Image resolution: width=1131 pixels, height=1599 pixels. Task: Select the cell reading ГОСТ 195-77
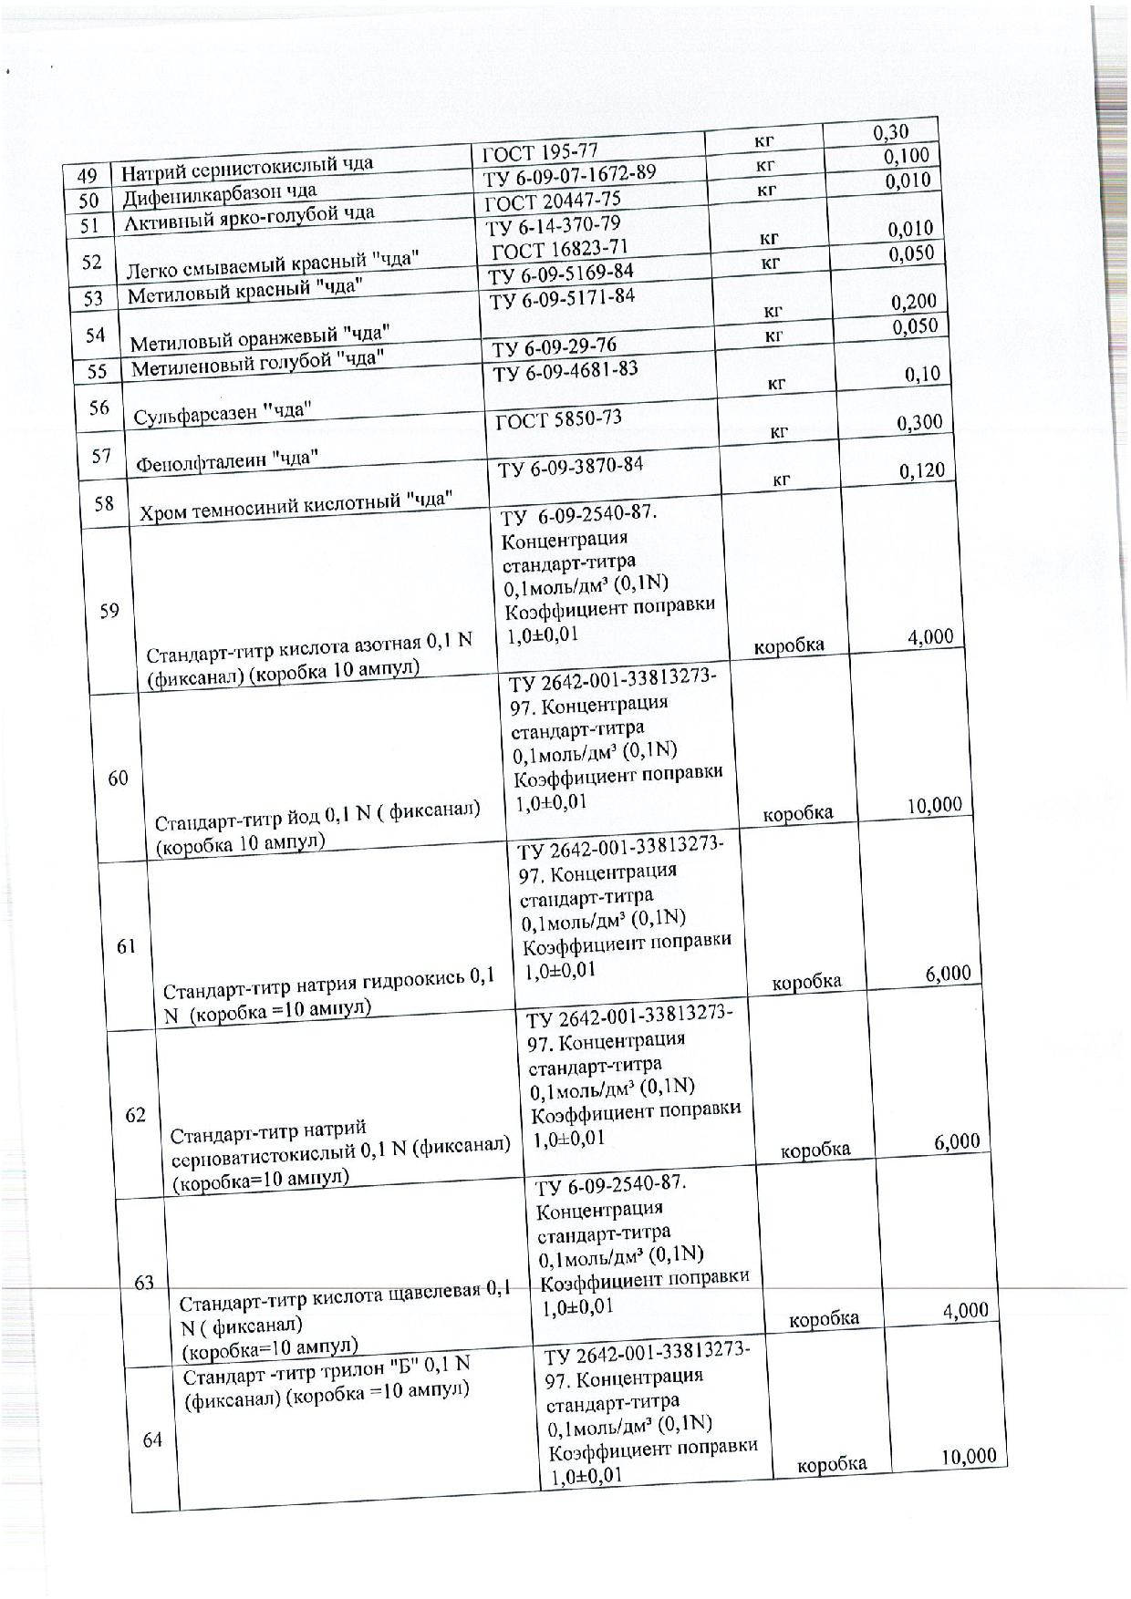[x=540, y=151]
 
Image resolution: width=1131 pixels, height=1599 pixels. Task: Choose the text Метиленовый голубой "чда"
[x=254, y=363]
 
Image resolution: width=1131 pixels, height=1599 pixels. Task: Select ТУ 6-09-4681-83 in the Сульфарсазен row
[x=565, y=370]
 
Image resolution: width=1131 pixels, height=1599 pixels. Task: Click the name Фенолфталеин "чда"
[x=227, y=460]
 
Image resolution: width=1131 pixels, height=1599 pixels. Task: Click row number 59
[x=109, y=610]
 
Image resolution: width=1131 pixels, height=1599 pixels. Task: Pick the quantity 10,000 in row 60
[x=934, y=805]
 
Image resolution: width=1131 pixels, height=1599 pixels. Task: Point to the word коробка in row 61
[x=806, y=982]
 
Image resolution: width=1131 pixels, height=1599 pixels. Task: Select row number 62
[x=136, y=1115]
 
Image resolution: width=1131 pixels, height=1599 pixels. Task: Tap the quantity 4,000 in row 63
[x=965, y=1310]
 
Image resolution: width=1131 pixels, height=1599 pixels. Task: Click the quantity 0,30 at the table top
[x=891, y=133]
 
